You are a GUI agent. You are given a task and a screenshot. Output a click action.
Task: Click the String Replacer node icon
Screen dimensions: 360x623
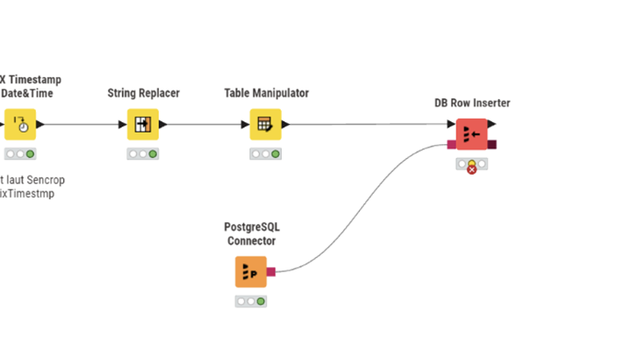(x=143, y=125)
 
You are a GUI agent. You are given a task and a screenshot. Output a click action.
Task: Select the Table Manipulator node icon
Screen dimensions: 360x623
(x=265, y=125)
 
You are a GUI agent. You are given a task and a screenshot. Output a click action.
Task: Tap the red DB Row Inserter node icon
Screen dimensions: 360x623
(x=471, y=134)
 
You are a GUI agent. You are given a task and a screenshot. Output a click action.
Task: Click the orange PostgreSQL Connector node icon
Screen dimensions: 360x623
(x=250, y=272)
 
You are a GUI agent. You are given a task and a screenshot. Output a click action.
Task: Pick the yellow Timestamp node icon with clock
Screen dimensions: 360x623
(x=20, y=125)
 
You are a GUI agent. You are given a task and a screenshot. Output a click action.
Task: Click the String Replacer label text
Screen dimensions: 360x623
(x=143, y=93)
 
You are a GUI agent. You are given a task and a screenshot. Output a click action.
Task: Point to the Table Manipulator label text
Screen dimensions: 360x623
(x=266, y=93)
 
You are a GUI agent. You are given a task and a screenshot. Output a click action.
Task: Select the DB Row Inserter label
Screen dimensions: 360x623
(x=472, y=103)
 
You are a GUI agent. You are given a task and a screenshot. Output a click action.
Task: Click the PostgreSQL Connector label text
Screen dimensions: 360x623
(x=252, y=234)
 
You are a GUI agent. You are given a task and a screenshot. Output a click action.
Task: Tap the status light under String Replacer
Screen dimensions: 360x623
(x=142, y=155)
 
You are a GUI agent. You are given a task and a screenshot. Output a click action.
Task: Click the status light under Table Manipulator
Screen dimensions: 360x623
(x=265, y=155)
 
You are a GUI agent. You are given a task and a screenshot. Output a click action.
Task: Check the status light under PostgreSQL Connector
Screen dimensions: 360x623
(x=251, y=301)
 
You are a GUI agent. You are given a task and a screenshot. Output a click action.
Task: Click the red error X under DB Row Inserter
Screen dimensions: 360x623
(x=472, y=169)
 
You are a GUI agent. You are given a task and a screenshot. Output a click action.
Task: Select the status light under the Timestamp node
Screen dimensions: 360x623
(x=20, y=155)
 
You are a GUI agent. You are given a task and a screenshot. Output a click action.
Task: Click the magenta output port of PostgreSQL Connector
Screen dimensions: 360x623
(x=271, y=272)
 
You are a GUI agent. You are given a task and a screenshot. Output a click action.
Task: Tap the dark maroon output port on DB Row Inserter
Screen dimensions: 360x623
(x=492, y=145)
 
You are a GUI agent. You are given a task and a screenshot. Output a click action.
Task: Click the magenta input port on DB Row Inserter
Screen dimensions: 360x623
(x=451, y=145)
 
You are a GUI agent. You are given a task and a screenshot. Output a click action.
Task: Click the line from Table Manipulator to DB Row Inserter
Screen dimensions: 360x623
(x=369, y=125)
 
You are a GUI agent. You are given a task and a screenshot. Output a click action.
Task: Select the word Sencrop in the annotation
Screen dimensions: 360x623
(x=46, y=180)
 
